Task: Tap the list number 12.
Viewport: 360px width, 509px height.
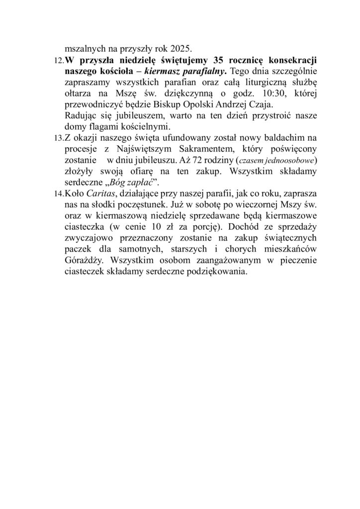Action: click(57, 61)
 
